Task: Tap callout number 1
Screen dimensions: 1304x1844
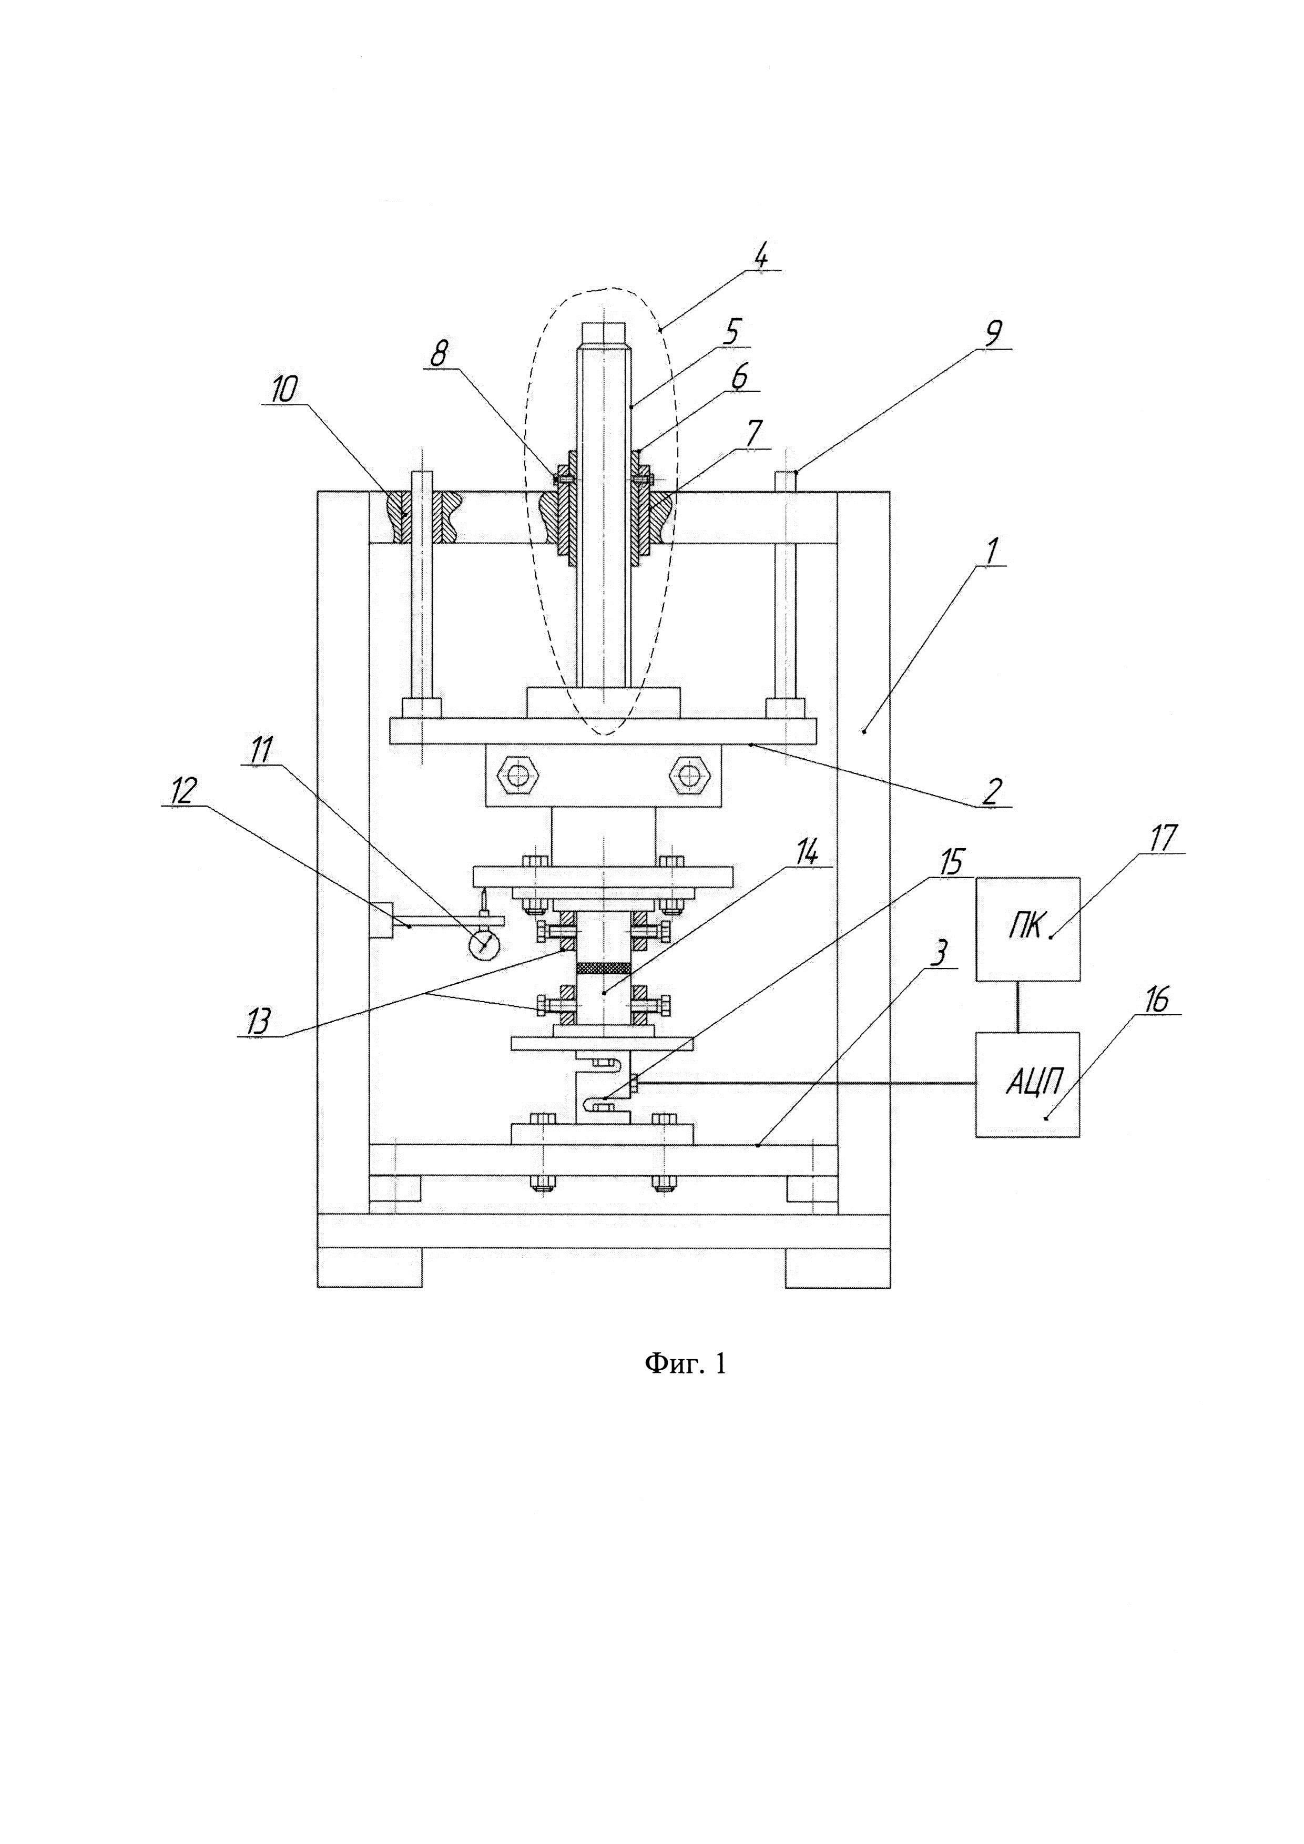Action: pyautogui.click(x=990, y=551)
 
